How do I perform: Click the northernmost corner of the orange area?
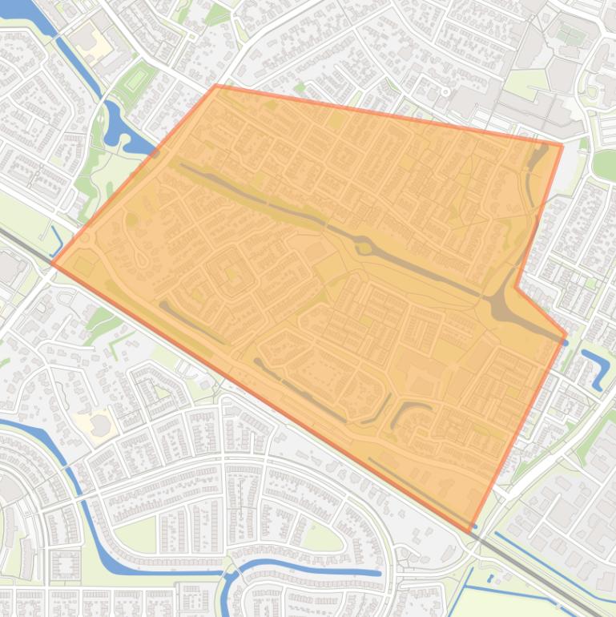(216, 85)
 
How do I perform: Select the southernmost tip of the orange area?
(470, 532)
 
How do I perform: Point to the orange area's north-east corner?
(562, 144)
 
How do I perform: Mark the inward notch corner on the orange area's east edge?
(515, 286)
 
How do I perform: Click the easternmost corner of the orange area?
(567, 334)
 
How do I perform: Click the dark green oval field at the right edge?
(605, 163)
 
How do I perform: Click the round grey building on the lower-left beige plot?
(99, 425)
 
